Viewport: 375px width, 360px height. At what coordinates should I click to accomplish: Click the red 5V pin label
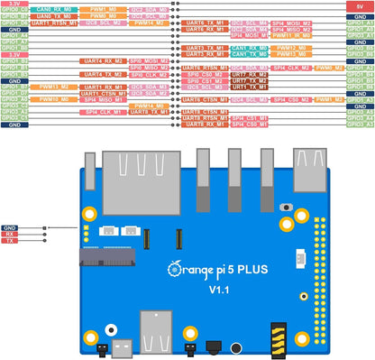[360, 5]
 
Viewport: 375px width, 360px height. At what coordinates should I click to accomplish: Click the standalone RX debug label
[9, 234]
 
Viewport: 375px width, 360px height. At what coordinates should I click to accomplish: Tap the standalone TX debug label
[9, 241]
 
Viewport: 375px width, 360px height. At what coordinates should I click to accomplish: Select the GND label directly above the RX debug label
[10, 226]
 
